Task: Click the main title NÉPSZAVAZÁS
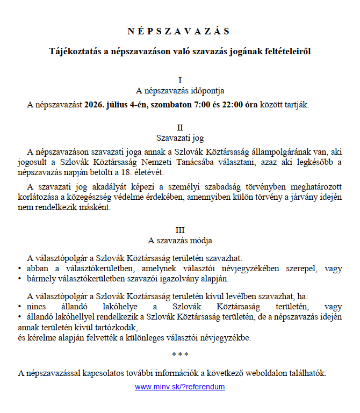click(179, 31)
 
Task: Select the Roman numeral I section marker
click(180, 81)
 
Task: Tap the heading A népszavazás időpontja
click(180, 90)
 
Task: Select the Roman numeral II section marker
click(180, 128)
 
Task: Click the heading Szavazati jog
click(180, 137)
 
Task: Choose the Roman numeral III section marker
click(180, 230)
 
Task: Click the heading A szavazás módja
click(180, 240)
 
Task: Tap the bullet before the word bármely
click(20, 279)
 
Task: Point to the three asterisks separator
click(180, 355)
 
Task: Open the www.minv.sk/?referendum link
click(180, 387)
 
